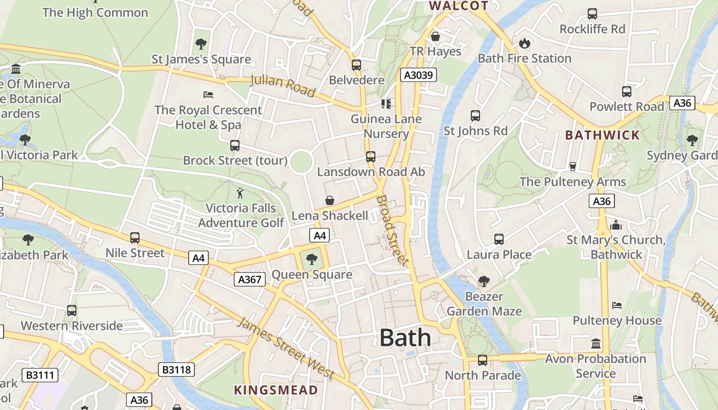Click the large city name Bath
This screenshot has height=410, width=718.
(405, 338)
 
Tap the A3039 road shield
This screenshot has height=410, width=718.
(418, 75)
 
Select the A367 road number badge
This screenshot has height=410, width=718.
(250, 279)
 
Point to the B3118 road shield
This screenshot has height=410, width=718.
(177, 370)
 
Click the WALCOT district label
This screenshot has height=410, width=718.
(458, 6)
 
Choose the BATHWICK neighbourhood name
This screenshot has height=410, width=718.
(603, 135)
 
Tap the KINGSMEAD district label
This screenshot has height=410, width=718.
(276, 390)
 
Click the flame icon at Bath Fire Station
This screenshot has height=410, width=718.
(524, 43)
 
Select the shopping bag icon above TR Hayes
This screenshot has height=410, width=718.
(435, 36)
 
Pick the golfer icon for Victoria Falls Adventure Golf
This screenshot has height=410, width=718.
(240, 193)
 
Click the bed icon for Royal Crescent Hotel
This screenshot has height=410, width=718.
(208, 95)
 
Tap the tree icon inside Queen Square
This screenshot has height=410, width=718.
(311, 259)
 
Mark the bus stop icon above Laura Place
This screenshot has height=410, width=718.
(498, 239)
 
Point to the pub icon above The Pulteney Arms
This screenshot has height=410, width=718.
(573, 167)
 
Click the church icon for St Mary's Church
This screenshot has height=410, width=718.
(615, 225)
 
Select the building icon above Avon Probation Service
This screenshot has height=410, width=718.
(595, 343)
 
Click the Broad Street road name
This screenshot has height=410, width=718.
(393, 230)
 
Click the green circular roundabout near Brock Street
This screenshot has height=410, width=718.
(301, 162)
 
